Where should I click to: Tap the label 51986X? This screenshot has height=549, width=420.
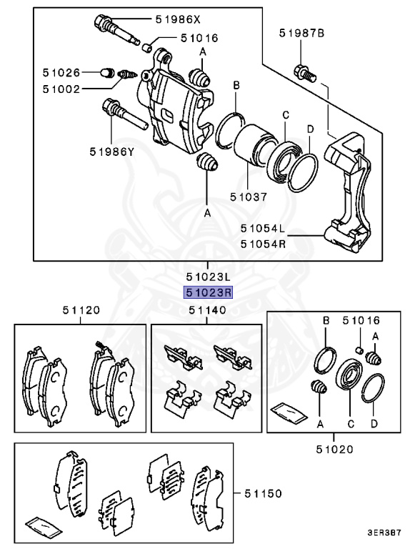[179, 20]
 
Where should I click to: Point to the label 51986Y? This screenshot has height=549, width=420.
[112, 151]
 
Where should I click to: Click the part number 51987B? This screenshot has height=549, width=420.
[301, 33]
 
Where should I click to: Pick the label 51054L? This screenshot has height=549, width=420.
[262, 229]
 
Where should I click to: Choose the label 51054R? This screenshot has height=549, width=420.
[262, 243]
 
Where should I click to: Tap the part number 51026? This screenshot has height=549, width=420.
[58, 72]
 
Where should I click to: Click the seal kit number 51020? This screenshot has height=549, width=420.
[335, 450]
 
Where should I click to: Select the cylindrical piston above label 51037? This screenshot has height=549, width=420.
[250, 144]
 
